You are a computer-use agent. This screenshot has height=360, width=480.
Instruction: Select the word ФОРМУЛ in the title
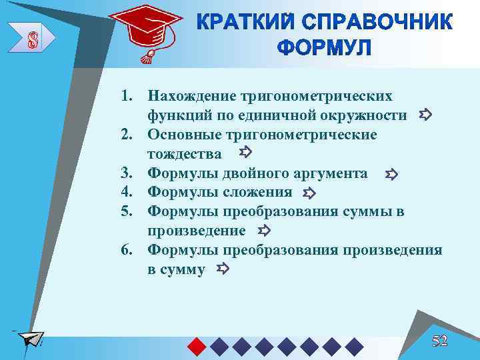[x=323, y=49]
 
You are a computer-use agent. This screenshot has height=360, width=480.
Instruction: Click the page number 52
[x=439, y=341]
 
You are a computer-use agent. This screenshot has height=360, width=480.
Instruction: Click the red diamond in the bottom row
[x=195, y=346]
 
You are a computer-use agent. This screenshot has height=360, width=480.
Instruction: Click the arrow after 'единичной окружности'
[x=426, y=115]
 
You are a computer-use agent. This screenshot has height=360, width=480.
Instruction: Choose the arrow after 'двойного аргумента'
[x=391, y=175]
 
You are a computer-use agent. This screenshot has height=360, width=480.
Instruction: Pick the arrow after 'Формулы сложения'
[x=309, y=193]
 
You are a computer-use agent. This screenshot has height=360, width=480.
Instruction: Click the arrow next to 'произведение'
[x=263, y=231]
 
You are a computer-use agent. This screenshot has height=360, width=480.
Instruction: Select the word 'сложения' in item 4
[x=262, y=193]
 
